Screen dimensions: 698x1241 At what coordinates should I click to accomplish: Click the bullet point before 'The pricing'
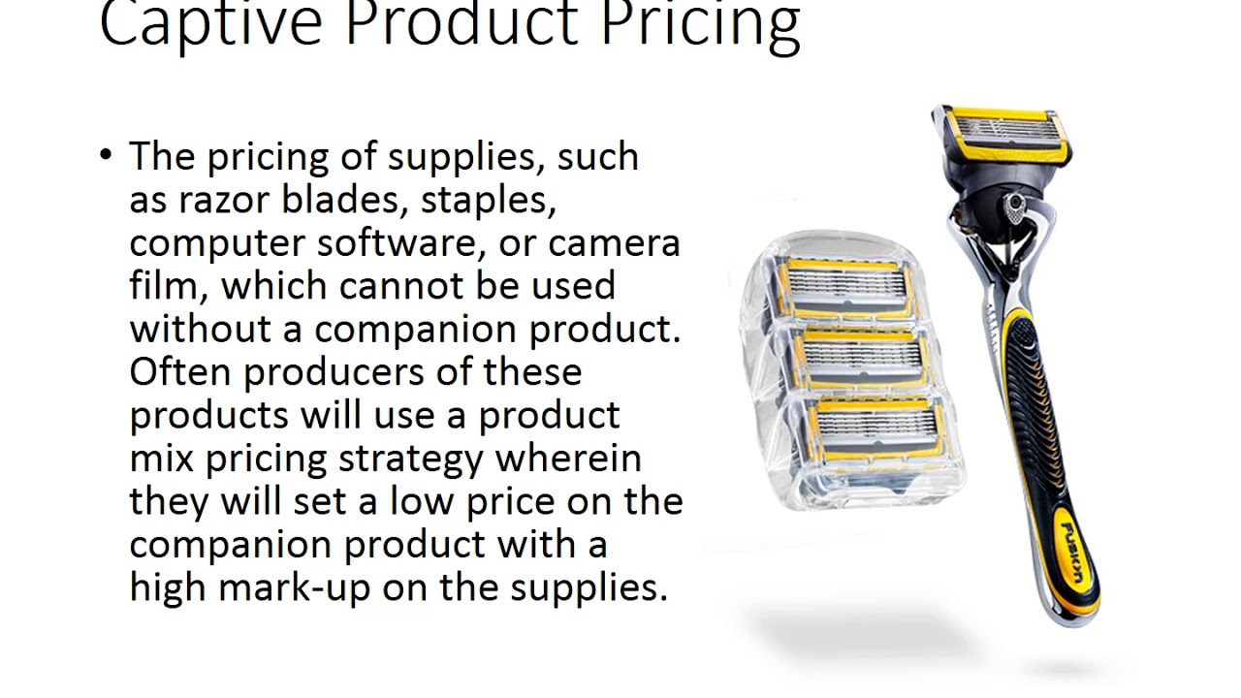107,154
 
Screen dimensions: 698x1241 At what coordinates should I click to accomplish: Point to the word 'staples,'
489,200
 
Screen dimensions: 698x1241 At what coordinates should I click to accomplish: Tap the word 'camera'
615,242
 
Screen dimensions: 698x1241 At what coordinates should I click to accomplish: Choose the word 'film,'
171,285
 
